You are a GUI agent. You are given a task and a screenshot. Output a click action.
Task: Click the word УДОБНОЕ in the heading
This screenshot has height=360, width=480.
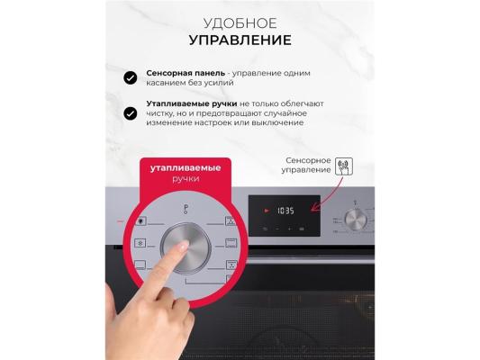pos(240,23)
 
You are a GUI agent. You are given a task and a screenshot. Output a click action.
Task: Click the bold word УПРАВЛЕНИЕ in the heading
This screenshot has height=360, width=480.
pos(240,40)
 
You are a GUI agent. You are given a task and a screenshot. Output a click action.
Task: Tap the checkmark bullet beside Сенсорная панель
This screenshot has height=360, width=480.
pos(131,78)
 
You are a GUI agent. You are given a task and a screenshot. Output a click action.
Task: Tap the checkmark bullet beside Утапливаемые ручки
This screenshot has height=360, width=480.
pos(131,113)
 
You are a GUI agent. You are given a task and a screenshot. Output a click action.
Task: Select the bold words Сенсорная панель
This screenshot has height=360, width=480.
pos(186,73)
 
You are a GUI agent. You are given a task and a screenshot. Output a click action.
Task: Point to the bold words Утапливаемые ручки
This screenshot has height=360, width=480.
pos(192,104)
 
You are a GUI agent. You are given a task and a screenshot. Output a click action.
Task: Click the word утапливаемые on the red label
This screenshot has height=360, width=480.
pos(186,168)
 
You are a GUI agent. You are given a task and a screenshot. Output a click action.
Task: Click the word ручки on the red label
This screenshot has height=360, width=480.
pos(186,178)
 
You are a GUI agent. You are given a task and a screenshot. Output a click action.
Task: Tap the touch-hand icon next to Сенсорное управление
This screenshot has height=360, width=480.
pos(344,166)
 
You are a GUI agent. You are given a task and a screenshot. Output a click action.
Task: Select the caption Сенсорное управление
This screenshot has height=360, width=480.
pos(306,166)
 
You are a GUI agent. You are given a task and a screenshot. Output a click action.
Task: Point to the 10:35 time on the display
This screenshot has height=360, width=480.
pos(285,211)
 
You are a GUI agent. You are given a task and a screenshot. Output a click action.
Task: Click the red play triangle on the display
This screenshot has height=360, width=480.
pos(267,211)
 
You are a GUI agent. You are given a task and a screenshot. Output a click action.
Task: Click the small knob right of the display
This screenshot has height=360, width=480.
pos(356,220)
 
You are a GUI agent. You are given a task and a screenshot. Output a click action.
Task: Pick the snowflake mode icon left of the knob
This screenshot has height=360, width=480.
pos(140,243)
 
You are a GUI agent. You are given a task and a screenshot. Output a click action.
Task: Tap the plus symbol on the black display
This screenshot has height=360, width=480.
pos(289,229)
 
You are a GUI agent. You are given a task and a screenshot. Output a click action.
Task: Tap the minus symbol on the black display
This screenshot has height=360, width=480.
pos(277,229)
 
